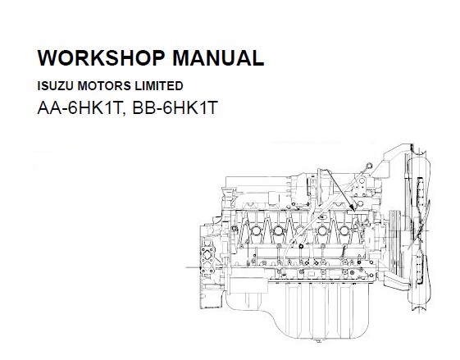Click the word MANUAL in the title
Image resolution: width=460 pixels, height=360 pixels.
(218, 57)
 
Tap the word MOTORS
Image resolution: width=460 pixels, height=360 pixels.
(104, 85)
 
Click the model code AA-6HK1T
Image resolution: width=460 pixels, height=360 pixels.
(80, 107)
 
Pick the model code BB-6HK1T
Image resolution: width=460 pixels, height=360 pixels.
(175, 107)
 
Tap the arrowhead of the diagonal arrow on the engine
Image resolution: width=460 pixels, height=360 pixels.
(353, 208)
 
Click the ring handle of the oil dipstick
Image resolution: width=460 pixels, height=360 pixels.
(369, 166)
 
